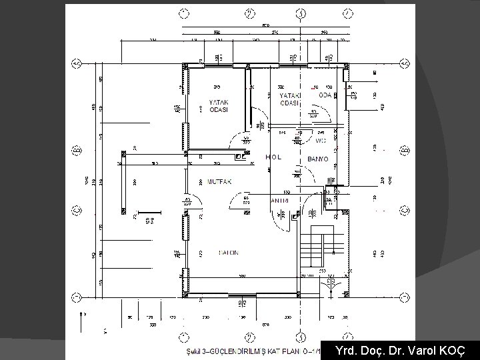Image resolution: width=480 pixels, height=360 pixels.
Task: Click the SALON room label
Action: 229,253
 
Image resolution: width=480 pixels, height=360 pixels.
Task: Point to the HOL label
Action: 274,157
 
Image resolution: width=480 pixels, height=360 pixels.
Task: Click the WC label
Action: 320,140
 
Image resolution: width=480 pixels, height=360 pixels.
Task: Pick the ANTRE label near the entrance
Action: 279,200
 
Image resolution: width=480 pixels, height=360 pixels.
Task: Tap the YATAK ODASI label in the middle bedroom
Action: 289,99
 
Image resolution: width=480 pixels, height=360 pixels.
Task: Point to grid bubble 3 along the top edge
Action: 301,13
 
